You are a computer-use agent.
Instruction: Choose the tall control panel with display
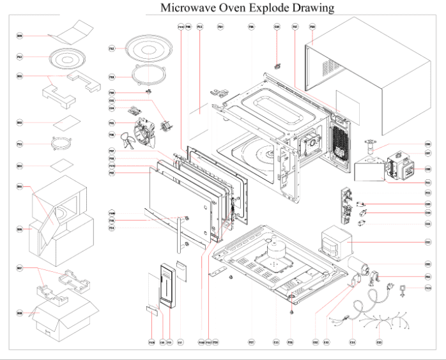tap(164, 290)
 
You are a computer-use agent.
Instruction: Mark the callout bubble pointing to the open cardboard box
tap(20, 314)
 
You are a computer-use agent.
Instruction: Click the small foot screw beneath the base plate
tap(292, 311)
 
